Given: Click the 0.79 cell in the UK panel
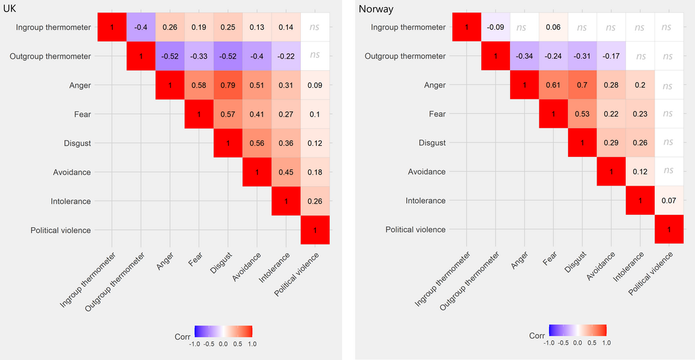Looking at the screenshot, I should pyautogui.click(x=228, y=85).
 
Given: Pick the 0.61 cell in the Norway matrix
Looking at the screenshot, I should pyautogui.click(x=554, y=85).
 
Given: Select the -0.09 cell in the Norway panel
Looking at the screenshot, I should pyautogui.click(x=496, y=27).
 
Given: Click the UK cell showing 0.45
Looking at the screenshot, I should pyautogui.click(x=286, y=172).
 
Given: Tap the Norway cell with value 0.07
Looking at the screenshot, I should pyautogui.click(x=669, y=201).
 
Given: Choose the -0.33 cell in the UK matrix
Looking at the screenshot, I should pyautogui.click(x=199, y=57).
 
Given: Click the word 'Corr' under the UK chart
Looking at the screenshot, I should pyautogui.click(x=182, y=337).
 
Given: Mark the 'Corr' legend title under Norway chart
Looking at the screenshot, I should pyautogui.click(x=536, y=336).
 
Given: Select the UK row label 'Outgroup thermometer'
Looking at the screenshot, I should pyautogui.click(x=50, y=57).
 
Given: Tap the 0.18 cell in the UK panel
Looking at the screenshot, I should pyautogui.click(x=315, y=172).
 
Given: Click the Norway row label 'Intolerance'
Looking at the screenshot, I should pyautogui.click(x=425, y=201).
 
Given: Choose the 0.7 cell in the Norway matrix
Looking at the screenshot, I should pyautogui.click(x=582, y=85).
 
